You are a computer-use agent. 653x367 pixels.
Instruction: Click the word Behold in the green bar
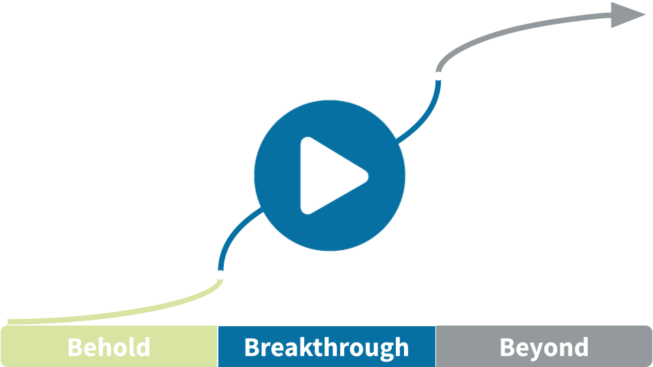pyautogui.click(x=109, y=347)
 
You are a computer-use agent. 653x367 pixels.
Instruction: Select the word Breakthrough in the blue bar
pyautogui.click(x=326, y=348)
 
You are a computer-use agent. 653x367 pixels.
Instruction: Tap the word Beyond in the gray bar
pyautogui.click(x=544, y=348)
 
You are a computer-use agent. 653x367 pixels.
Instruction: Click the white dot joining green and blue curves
pyautogui.click(x=220, y=275)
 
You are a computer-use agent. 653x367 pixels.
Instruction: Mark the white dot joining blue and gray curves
pyautogui.click(x=438, y=75)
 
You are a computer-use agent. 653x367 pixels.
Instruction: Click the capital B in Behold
pyautogui.click(x=75, y=347)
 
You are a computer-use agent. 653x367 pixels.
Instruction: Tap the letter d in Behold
pyautogui.click(x=142, y=347)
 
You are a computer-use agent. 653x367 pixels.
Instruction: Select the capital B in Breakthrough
pyautogui.click(x=252, y=347)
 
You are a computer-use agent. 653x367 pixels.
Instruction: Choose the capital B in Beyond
pyautogui.click(x=507, y=347)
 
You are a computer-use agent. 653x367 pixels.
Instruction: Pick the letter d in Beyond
pyautogui.click(x=581, y=347)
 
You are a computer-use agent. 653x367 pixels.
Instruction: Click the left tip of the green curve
pyautogui.click(x=7, y=322)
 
